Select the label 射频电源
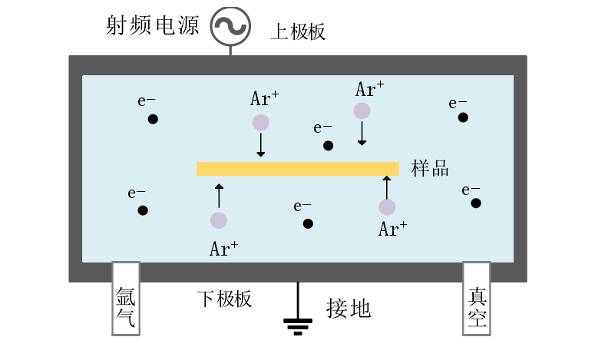[152, 26]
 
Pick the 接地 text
[349, 309]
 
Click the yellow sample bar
[298, 169]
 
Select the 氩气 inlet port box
[125, 298]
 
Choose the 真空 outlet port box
[476, 298]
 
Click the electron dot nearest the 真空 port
[476, 203]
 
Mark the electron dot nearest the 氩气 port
[143, 210]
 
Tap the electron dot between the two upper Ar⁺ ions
[328, 146]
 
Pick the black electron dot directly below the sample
[308, 224]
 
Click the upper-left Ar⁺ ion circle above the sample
[261, 122]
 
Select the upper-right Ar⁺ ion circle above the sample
[362, 111]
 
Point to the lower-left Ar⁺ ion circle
[219, 220]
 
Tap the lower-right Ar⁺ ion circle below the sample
[387, 206]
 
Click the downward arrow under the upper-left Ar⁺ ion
[261, 145]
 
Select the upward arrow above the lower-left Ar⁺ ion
[219, 196]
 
